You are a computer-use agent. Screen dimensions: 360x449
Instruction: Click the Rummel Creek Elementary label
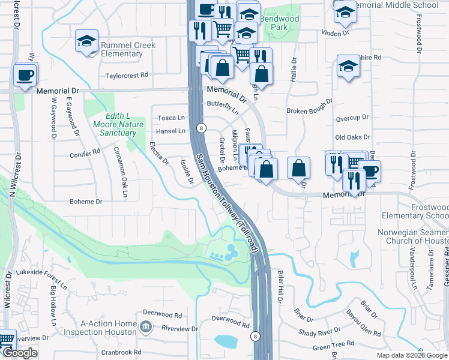click(x=128, y=49)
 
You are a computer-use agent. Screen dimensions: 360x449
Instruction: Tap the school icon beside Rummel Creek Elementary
click(x=87, y=42)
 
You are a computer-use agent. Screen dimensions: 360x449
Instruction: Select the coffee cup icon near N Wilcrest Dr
click(x=26, y=76)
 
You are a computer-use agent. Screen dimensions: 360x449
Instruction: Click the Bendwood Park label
click(x=279, y=23)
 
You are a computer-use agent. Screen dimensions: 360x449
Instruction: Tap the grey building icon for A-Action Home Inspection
click(x=145, y=327)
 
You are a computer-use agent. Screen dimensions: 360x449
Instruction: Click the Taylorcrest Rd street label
click(x=127, y=76)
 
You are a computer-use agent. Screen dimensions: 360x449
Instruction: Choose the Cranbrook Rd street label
click(x=121, y=352)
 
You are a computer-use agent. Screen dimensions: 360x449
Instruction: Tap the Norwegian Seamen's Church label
click(x=412, y=236)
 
